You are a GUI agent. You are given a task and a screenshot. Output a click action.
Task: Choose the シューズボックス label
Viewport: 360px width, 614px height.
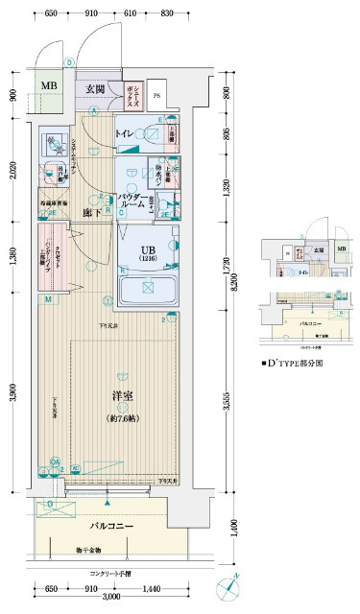click(x=131, y=94)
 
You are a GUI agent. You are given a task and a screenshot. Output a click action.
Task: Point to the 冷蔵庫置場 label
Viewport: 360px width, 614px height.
click(x=53, y=203)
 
